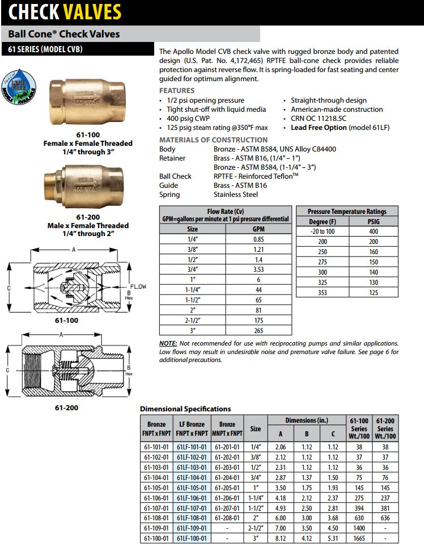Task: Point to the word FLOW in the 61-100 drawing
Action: tap(138, 287)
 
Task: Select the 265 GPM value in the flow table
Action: tap(258, 330)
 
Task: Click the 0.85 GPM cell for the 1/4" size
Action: tap(258, 239)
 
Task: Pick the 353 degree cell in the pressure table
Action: tap(322, 293)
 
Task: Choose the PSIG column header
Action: tap(374, 221)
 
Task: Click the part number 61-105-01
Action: tap(156, 487)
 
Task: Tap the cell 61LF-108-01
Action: tap(192, 518)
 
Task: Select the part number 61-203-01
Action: tap(227, 467)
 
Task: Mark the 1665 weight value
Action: tap(359, 538)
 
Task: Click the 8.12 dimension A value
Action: tap(279, 538)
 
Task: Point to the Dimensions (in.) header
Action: tap(306, 420)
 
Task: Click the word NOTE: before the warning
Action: tap(168, 343)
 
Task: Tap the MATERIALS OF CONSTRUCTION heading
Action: tap(213, 140)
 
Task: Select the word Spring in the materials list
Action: tap(169, 195)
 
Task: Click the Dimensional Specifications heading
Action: tap(185, 409)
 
